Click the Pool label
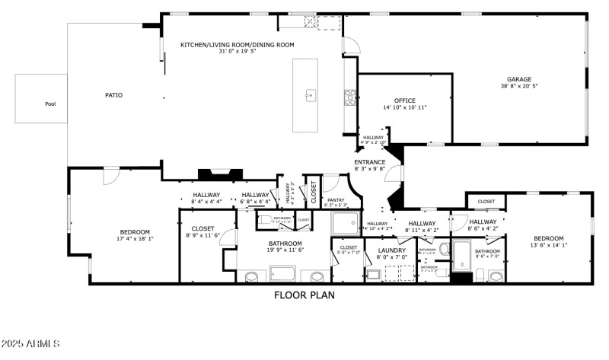tap(50, 104)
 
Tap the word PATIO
tap(113, 95)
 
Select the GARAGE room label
tap(520, 79)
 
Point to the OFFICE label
tap(404, 100)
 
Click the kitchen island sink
tap(311, 95)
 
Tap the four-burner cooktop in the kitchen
tap(350, 96)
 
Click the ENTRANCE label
tap(370, 162)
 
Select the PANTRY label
tap(335, 200)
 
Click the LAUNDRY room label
tap(391, 249)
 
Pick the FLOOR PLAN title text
tap(304, 295)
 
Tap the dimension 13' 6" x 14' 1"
tap(548, 245)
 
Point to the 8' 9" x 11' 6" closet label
tap(202, 235)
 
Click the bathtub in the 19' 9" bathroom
tap(282, 274)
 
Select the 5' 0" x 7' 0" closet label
tap(349, 252)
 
